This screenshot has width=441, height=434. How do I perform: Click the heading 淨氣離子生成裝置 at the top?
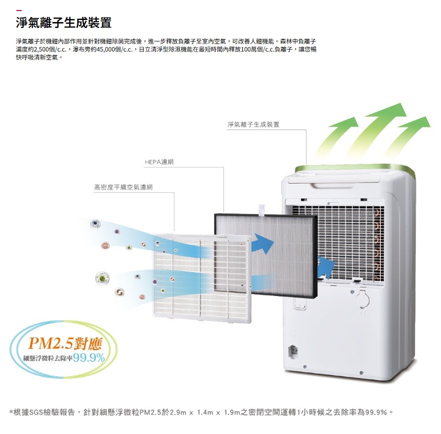click(x=63, y=23)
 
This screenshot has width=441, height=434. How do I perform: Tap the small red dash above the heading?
click(x=19, y=10)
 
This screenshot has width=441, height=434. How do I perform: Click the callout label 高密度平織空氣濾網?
click(x=123, y=187)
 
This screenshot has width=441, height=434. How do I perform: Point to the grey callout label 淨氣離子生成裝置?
click(x=253, y=124)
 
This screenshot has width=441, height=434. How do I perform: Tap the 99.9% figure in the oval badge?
click(x=89, y=358)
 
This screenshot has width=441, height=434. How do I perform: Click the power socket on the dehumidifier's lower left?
click(x=293, y=352)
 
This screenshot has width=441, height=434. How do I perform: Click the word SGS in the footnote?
click(x=37, y=412)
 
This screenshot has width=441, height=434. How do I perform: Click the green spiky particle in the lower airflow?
click(x=103, y=278)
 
